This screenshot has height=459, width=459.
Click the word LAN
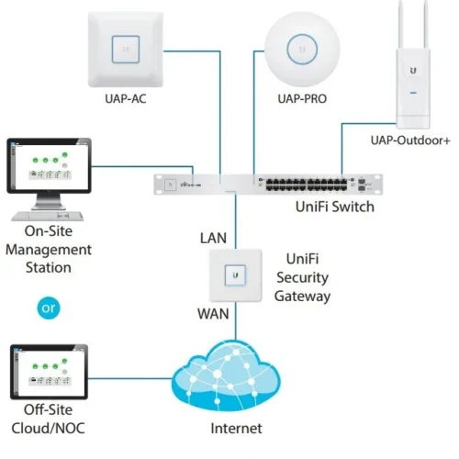click(x=213, y=239)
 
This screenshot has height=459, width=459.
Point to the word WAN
click(x=211, y=313)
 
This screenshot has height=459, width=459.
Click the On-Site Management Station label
click(x=49, y=249)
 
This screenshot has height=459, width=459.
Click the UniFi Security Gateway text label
click(x=302, y=278)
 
